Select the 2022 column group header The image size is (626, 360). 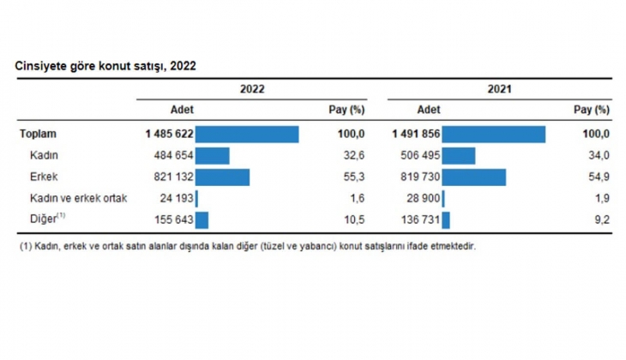pyautogui.click(x=252, y=88)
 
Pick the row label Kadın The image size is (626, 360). pyautogui.click(x=45, y=155)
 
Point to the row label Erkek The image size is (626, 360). pyautogui.click(x=45, y=177)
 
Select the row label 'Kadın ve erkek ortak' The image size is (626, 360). pyautogui.click(x=78, y=198)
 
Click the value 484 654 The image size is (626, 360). pyautogui.click(x=172, y=155)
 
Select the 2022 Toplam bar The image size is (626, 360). pyautogui.click(x=247, y=135)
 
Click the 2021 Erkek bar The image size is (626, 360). pyautogui.click(x=474, y=177)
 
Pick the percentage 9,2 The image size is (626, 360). pyautogui.click(x=602, y=219)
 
